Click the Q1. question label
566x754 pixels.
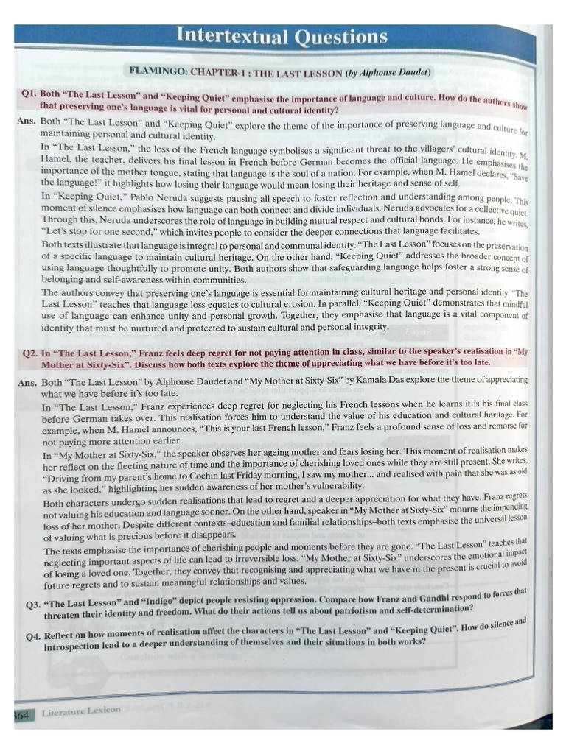(x=30, y=95)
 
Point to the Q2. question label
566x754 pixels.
(x=31, y=353)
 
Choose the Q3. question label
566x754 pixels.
(x=34, y=604)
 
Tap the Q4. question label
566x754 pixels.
(x=34, y=635)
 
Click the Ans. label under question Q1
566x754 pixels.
(x=27, y=120)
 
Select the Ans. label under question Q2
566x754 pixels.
(x=28, y=382)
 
